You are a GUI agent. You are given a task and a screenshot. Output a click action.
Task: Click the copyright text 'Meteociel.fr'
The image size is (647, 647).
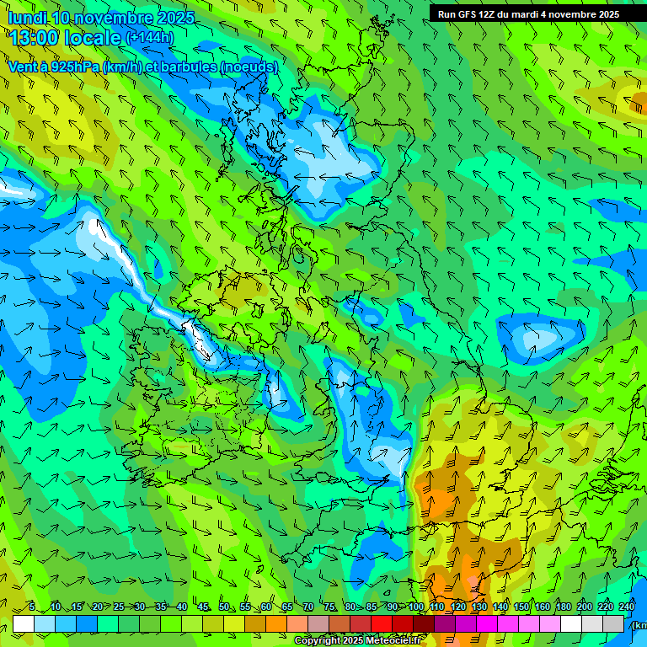click(x=391, y=641)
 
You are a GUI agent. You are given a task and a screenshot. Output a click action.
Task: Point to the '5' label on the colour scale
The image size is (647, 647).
click(x=32, y=607)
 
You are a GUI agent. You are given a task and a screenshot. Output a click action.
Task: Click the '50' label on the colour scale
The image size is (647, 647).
click(x=223, y=607)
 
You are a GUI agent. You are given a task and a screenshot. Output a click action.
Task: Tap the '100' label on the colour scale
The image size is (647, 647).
click(x=416, y=607)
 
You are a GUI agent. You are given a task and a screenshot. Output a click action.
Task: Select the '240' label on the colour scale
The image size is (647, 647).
click(x=627, y=607)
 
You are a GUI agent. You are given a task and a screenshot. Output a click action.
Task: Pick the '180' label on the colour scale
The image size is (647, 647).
click(x=564, y=607)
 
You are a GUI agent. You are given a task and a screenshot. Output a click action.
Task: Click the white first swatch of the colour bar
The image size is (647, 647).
click(x=23, y=623)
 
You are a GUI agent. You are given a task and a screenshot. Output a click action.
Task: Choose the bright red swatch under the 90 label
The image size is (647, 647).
click(x=382, y=623)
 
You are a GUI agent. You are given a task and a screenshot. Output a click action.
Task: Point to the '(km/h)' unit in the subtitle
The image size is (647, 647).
click(x=124, y=67)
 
